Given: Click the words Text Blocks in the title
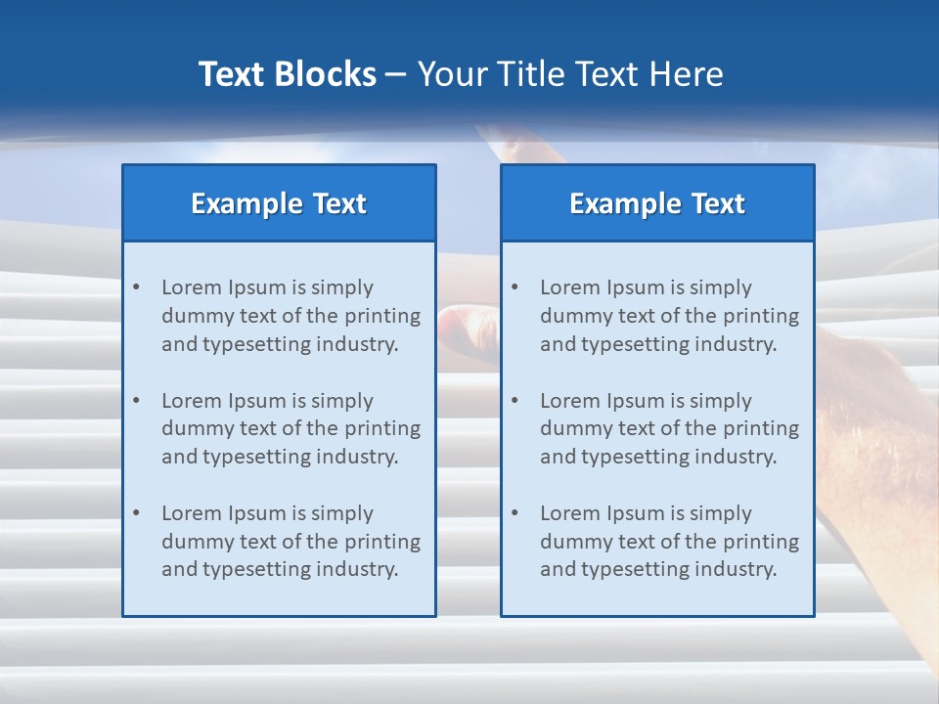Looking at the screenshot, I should (x=288, y=74).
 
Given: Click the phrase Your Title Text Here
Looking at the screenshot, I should (x=570, y=74).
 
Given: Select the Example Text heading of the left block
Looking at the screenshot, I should (x=279, y=203).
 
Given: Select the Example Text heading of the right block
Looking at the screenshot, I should (x=657, y=203).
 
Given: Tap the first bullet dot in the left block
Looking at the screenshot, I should (x=136, y=287).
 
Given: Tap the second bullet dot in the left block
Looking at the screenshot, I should (x=136, y=401).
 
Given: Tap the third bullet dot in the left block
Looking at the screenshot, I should (x=136, y=513).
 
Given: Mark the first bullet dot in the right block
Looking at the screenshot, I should (x=514, y=287).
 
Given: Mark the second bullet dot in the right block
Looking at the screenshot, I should (x=514, y=401).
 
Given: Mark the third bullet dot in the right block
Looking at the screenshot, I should (x=514, y=513).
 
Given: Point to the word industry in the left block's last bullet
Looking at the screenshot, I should (x=360, y=569).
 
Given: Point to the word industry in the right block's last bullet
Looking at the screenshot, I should (x=738, y=569).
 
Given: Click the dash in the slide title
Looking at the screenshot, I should (x=396, y=75).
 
